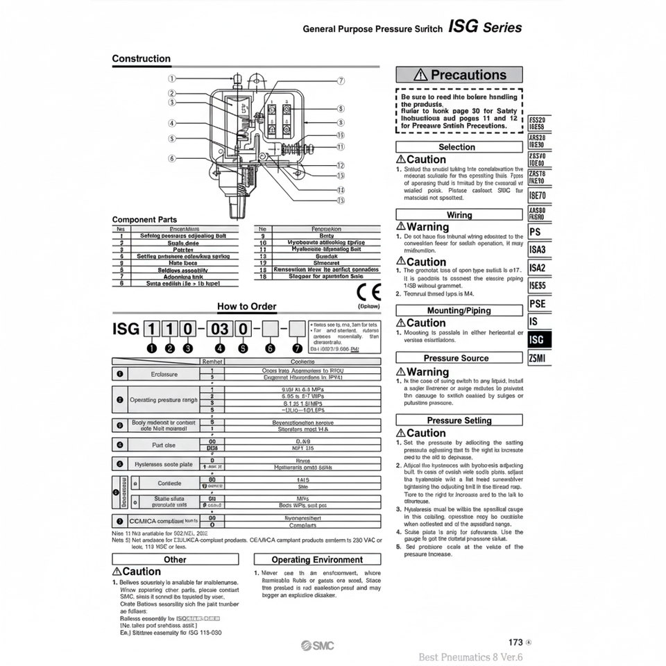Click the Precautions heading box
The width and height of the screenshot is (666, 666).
click(459, 75)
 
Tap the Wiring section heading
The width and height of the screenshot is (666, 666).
click(459, 215)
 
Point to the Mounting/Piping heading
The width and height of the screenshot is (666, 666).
click(459, 311)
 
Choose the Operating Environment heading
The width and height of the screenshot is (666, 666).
click(317, 559)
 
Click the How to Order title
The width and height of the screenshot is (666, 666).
click(246, 307)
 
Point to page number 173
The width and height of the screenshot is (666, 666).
click(515, 642)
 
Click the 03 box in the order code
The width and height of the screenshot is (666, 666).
click(220, 328)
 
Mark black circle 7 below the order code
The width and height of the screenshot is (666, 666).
click(297, 348)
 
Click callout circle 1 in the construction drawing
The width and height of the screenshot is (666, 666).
click(172, 79)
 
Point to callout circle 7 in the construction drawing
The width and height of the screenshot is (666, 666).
click(340, 80)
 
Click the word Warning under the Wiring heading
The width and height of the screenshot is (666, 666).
click(427, 227)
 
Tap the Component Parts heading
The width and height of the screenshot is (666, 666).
click(144, 220)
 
